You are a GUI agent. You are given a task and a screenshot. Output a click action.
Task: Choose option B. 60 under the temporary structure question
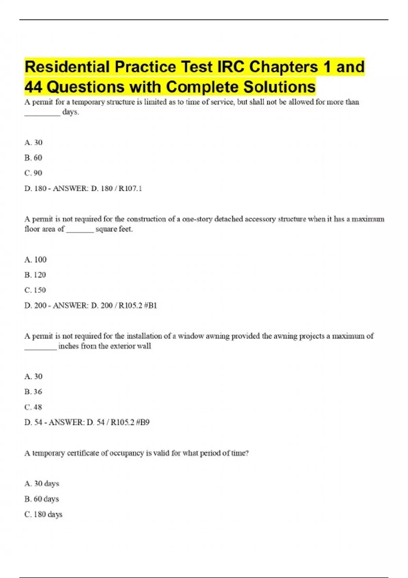pos(33,158)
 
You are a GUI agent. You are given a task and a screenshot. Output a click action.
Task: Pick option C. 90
pos(33,173)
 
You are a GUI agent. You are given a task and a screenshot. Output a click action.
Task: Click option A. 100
pos(35,260)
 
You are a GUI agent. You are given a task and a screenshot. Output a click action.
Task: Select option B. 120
pos(35,275)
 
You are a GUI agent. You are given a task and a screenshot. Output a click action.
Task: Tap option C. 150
pos(35,290)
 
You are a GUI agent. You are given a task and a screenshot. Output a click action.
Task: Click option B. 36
pos(33,392)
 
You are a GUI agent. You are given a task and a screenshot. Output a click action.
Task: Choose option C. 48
pos(33,407)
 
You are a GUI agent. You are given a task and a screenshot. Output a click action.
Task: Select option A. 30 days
pos(42,483)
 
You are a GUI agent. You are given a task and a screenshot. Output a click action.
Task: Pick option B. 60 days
pos(42,499)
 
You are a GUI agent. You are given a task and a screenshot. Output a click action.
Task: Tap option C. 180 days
pos(43,514)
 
